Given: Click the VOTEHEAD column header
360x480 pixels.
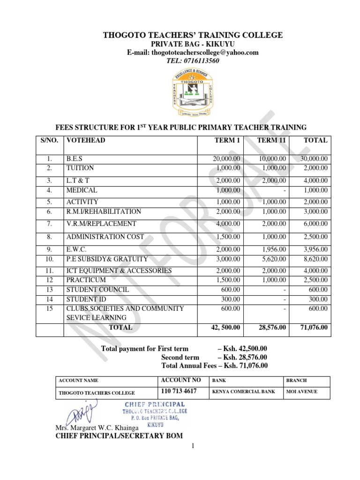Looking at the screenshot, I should point(86,140).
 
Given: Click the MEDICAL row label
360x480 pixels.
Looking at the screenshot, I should point(82,190).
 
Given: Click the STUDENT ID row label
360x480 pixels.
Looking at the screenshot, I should point(86,299).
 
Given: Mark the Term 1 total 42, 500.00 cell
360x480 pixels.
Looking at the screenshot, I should point(225,328).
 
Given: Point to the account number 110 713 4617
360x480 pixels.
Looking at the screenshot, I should point(179,391).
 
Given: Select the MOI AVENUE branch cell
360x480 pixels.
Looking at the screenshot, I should point(301,392).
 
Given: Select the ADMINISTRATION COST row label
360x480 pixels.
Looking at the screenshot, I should point(105,237).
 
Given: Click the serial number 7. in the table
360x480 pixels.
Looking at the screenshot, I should point(49,224).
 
